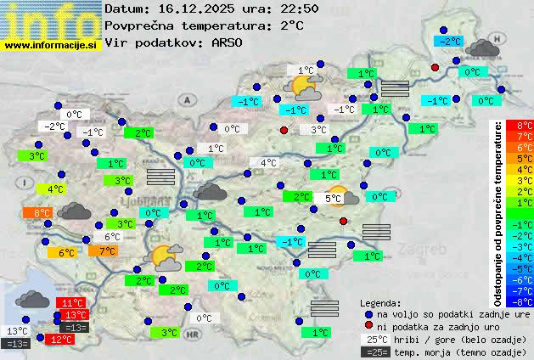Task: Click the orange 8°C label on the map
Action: (42, 213)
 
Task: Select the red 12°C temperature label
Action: (61, 339)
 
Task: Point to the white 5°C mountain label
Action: (333, 199)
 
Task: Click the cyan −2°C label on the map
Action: (449, 41)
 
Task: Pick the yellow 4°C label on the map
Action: (55, 189)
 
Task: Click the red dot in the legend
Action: (369, 326)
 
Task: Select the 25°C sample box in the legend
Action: (375, 339)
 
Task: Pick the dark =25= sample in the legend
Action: (375, 352)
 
